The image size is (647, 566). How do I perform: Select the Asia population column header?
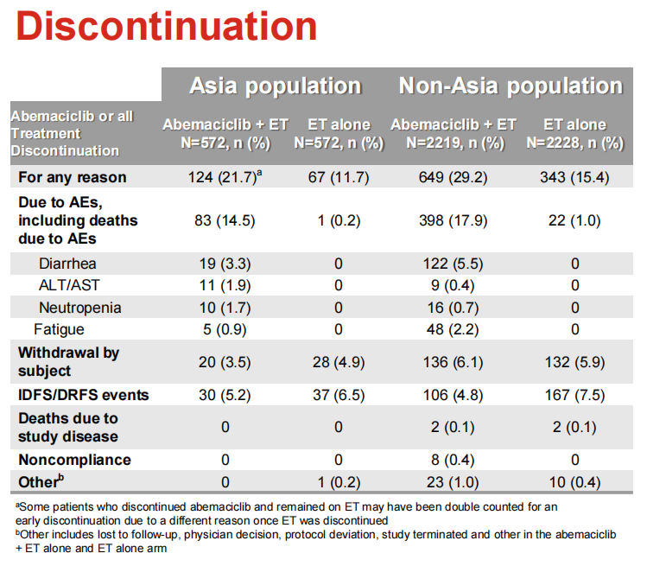point(275,86)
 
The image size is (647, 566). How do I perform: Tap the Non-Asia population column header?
point(510,86)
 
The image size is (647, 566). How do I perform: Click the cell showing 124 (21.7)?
point(223,177)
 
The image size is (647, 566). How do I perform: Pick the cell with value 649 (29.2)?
point(453,177)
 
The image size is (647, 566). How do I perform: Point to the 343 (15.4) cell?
point(574,177)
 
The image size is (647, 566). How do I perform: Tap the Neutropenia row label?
point(79,307)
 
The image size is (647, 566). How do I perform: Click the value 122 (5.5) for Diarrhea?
point(453,263)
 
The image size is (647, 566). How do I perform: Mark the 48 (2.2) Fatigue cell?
point(453,328)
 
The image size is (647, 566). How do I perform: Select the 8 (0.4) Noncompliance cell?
point(453,459)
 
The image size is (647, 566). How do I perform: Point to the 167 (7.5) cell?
point(574,395)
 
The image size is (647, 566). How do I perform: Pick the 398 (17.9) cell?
point(453,219)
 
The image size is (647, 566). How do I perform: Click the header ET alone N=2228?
point(574,133)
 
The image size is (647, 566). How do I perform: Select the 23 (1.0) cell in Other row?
point(453,480)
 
